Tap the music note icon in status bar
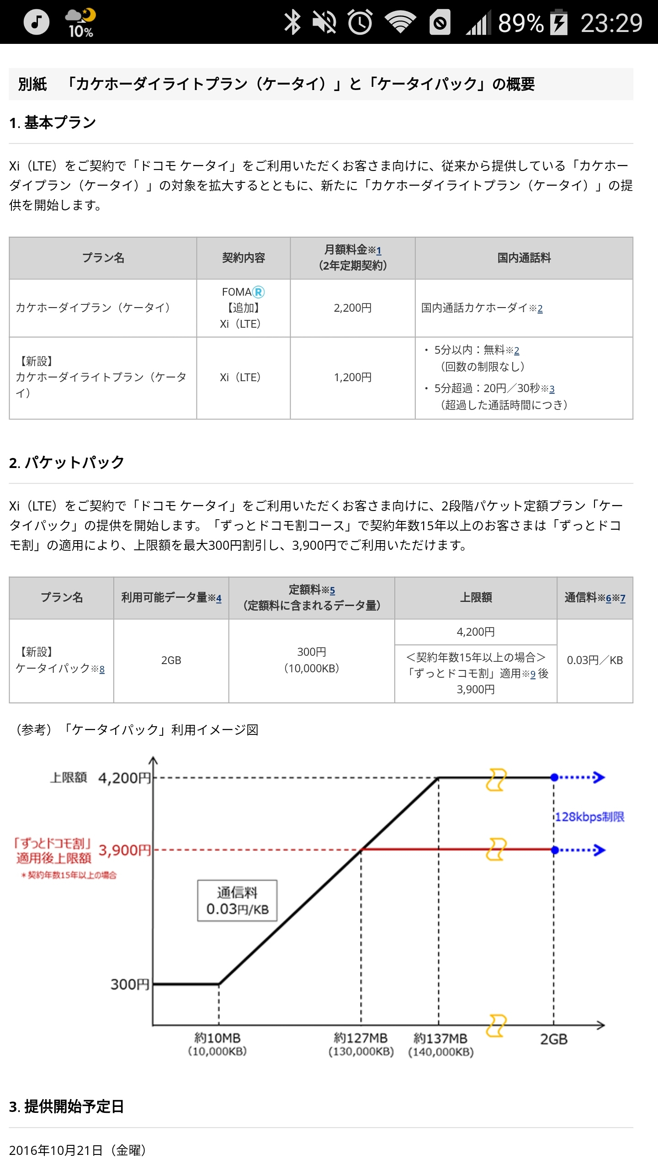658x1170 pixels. pyautogui.click(x=36, y=22)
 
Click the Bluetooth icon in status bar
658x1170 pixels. pyautogui.click(x=292, y=22)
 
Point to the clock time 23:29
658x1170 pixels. pyautogui.click(x=611, y=23)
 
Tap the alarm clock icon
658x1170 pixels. pyautogui.click(x=360, y=22)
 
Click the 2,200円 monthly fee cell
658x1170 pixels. pyautogui.click(x=352, y=308)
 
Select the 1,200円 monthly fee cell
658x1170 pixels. pyautogui.click(x=352, y=378)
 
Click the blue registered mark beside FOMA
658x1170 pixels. pyautogui.click(x=259, y=292)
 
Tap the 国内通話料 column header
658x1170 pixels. pyautogui.click(x=524, y=258)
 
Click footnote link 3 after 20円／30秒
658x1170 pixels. pyautogui.click(x=552, y=389)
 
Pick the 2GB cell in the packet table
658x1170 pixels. pyautogui.click(x=171, y=660)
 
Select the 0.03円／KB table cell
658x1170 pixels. pyautogui.click(x=594, y=660)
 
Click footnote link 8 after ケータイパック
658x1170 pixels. pyautogui.click(x=102, y=670)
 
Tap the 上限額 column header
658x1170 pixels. pyautogui.click(x=476, y=598)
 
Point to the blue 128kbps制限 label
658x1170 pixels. pyautogui.click(x=589, y=817)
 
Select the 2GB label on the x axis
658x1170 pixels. pyautogui.click(x=554, y=1039)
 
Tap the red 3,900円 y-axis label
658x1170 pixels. pyautogui.click(x=124, y=851)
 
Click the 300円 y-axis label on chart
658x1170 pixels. pyautogui.click(x=130, y=984)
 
